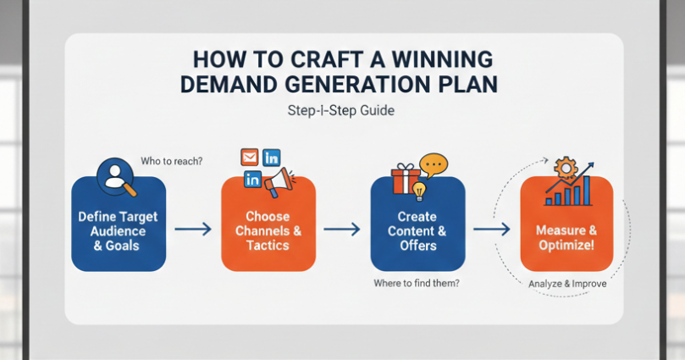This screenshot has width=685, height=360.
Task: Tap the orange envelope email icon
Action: (249, 157)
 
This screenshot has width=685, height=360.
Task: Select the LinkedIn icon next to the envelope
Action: (272, 157)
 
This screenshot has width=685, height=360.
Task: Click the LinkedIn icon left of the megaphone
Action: (252, 179)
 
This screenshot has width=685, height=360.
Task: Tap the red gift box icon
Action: (406, 180)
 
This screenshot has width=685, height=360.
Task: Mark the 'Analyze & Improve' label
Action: (567, 284)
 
